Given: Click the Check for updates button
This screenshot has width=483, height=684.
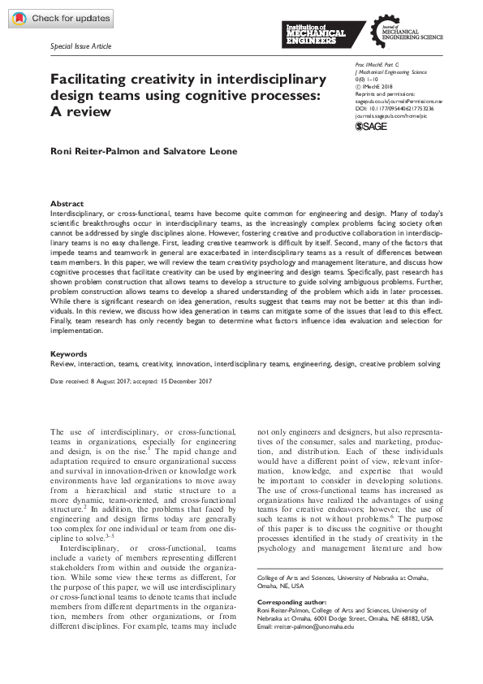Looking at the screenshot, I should point(58,19).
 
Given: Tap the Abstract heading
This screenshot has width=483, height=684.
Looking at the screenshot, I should point(67,203).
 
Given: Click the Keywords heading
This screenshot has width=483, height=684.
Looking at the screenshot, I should point(69,354).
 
